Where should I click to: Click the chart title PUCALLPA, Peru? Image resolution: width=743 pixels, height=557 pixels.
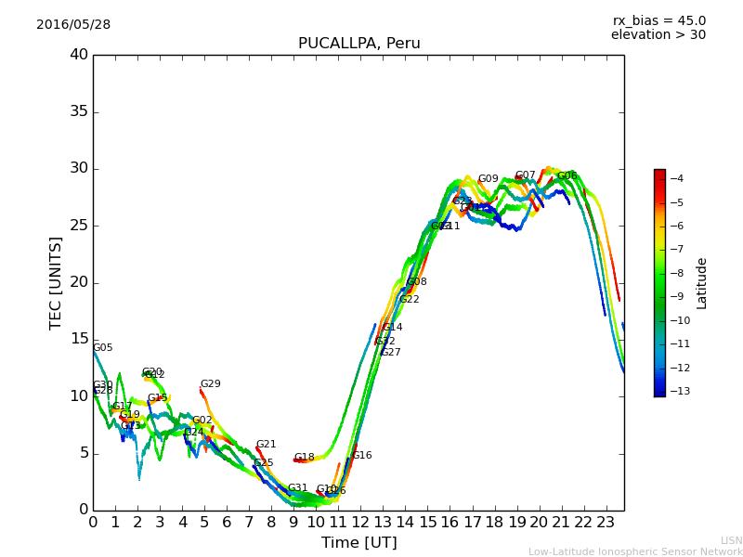[358, 44]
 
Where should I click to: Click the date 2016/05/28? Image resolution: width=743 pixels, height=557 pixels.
[73, 25]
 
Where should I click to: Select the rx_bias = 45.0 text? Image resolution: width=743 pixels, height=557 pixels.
[658, 20]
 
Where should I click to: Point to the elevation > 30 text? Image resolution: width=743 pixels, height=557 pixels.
[658, 35]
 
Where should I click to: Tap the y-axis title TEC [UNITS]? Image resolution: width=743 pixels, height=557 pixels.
[56, 282]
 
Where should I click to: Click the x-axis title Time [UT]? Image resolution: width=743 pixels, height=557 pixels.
[358, 543]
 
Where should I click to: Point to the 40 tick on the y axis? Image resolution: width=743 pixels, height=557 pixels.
[79, 55]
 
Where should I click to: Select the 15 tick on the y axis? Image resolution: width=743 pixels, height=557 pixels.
[79, 339]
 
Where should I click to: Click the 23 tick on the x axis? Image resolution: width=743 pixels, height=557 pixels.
[606, 523]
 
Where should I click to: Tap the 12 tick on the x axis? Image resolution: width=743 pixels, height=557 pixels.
[360, 523]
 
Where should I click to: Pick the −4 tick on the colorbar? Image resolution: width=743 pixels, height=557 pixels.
[678, 178]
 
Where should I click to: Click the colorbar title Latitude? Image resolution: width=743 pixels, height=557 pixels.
[702, 282]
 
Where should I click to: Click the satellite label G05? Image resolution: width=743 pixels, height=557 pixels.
[102, 348]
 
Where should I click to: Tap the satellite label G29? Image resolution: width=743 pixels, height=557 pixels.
[210, 384]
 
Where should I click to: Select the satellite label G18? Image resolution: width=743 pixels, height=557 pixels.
[304, 458]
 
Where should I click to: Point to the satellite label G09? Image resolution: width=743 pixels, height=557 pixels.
[488, 179]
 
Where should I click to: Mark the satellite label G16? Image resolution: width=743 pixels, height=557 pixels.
[361, 456]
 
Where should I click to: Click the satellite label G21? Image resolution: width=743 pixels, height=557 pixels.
[266, 445]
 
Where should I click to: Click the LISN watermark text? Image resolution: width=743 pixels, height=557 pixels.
[731, 540]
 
